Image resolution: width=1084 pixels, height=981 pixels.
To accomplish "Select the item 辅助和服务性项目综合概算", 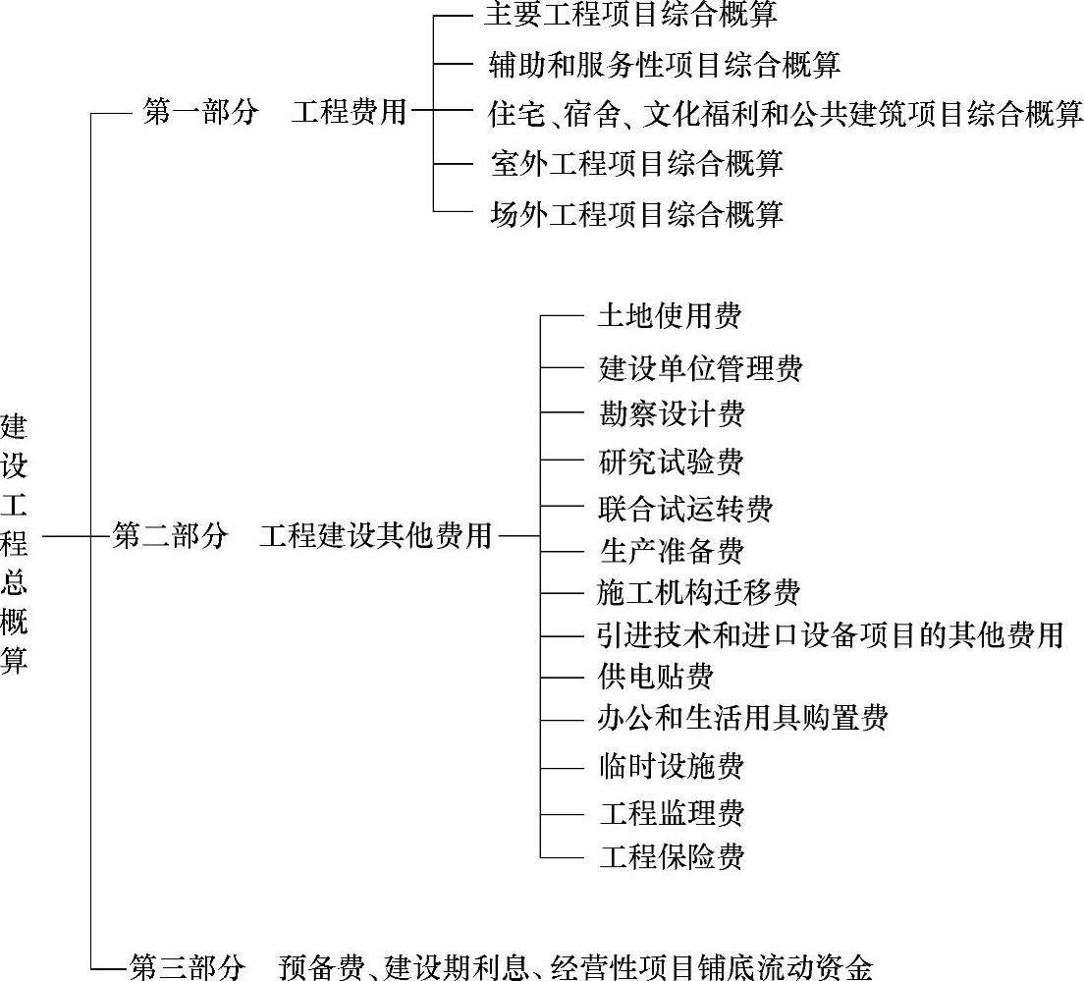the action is click(x=665, y=65).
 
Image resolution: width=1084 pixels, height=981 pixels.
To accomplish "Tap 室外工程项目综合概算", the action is click(x=637, y=163).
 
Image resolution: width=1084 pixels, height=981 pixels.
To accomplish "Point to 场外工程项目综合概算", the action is click(x=637, y=213).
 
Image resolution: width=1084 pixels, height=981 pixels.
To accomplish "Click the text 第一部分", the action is click(x=200, y=112).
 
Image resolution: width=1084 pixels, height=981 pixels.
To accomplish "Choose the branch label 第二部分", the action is click(x=170, y=536).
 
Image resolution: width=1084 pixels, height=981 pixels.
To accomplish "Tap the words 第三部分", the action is click(x=186, y=967).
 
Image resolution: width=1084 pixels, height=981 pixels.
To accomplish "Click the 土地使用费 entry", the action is click(x=670, y=315).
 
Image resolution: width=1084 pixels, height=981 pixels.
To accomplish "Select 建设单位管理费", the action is click(x=700, y=368).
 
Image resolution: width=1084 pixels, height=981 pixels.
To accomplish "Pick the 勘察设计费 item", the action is click(x=672, y=413).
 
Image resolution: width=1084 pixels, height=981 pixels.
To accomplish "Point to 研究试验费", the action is click(x=672, y=462).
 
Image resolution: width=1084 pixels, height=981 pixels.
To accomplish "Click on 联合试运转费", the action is click(x=685, y=509).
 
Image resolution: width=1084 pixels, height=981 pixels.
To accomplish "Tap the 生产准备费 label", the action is click(x=672, y=550).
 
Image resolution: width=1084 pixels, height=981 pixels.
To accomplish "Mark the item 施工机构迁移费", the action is click(x=699, y=592).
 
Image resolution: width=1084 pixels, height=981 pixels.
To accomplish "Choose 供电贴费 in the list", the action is click(x=656, y=676).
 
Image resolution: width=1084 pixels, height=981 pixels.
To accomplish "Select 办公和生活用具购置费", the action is click(x=742, y=718).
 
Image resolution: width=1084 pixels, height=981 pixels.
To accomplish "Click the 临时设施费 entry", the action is click(x=672, y=766).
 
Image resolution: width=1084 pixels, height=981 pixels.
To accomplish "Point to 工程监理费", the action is click(x=672, y=813).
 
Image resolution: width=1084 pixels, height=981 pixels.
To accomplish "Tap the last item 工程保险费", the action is click(x=672, y=856).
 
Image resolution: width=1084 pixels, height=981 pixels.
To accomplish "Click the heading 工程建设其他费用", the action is click(x=376, y=536).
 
